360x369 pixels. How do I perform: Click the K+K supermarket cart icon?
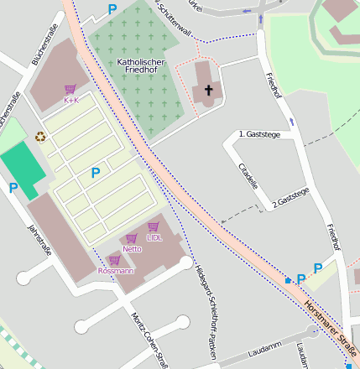[x=70, y=89]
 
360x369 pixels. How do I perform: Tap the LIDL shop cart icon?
[x=154, y=226]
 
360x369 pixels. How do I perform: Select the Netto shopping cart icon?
[x=131, y=238]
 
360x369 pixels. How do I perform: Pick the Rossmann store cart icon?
[x=115, y=261]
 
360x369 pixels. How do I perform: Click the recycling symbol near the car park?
[x=40, y=136]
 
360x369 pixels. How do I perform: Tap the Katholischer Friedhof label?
[x=141, y=68]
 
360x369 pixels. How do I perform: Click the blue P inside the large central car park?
[x=95, y=173]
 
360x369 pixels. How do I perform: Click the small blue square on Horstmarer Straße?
[x=289, y=280]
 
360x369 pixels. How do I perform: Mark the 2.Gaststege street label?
[x=290, y=198]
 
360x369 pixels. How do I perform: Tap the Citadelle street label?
[x=248, y=176]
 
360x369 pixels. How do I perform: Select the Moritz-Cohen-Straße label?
[x=149, y=340]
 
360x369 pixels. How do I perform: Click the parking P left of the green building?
[x=13, y=189]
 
